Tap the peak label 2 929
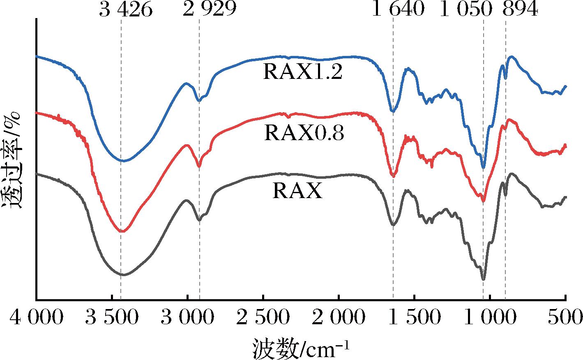(210, 9)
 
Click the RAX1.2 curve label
(303, 73)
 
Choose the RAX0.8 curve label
(304, 133)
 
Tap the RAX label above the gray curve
(297, 192)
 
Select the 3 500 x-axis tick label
(112, 318)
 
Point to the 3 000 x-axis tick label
(187, 318)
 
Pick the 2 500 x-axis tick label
(263, 318)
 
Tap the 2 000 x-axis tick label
(339, 318)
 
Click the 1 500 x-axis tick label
(414, 318)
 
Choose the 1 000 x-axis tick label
(490, 318)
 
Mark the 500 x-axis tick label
(566, 318)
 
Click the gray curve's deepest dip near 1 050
(483, 279)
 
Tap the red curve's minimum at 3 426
(122, 231)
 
